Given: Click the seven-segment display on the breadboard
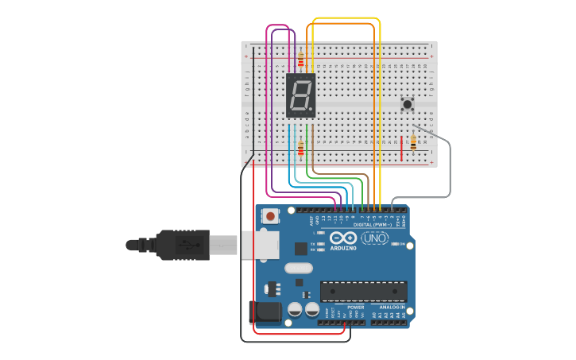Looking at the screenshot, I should tap(301, 96).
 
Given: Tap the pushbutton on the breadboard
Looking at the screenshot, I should tap(408, 104).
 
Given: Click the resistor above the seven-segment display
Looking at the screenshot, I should tap(300, 58).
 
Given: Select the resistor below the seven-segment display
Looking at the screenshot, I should tap(300, 148).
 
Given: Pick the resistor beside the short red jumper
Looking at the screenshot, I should tap(413, 142).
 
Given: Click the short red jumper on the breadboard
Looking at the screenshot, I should tap(402, 148).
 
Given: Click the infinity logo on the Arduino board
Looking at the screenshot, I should tap(343, 238).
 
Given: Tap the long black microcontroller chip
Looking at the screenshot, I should tap(363, 291).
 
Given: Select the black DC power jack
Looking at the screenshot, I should tap(265, 312).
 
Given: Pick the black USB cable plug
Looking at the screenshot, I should tap(183, 245).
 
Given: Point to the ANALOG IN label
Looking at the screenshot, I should tap(392, 307).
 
